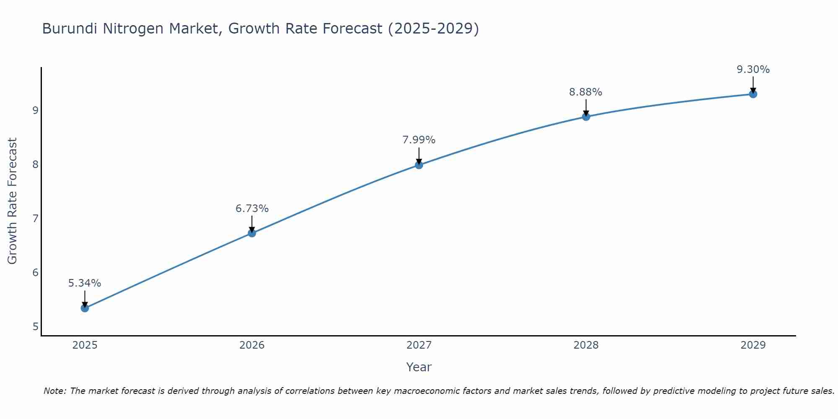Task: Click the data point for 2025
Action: coord(85,308)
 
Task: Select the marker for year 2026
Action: coord(252,233)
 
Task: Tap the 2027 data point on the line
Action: coord(419,165)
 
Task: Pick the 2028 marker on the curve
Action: coord(586,116)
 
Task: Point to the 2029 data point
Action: coord(753,94)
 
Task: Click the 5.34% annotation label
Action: coord(85,283)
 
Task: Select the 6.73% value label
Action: coord(252,209)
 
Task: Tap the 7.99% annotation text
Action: coord(419,140)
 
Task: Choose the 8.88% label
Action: coord(585,92)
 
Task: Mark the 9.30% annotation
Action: coord(753,70)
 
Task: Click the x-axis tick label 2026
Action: coord(252,345)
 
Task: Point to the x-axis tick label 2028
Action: coord(586,345)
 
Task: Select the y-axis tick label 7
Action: coord(35,218)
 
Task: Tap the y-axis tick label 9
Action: coord(35,110)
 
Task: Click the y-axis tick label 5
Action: coord(35,326)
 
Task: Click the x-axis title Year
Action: coord(419,367)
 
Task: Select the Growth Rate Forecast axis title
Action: coord(13,201)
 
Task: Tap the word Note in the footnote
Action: coord(54,391)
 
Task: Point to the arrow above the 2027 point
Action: coord(419,155)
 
